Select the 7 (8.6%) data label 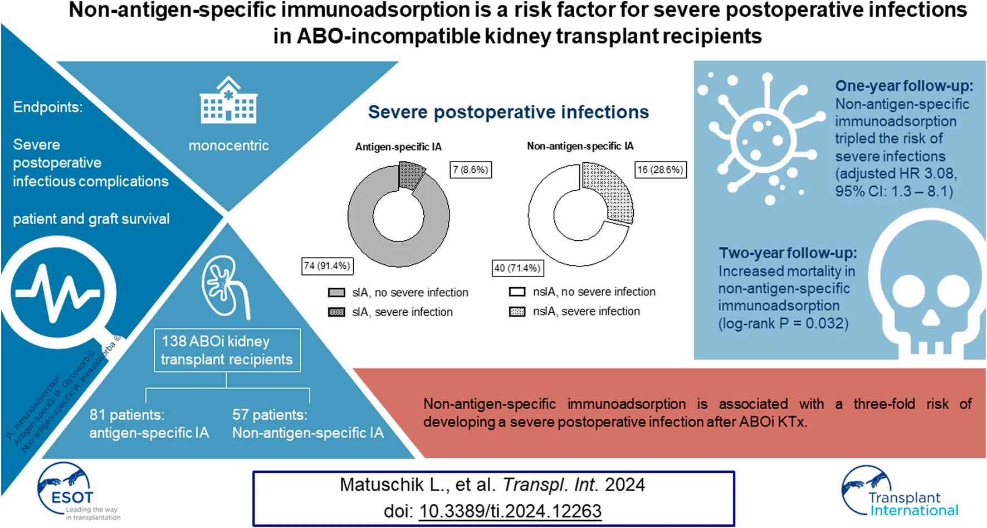(471, 169)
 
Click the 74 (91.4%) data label (327, 266)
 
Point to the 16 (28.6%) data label (661, 169)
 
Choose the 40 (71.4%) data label (517, 268)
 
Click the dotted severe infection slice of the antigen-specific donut (412, 175)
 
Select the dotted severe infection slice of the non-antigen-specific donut (611, 191)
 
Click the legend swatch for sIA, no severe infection (336, 293)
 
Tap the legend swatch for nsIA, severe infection (517, 312)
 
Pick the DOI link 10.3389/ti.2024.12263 (510, 511)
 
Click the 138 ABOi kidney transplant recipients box (227, 350)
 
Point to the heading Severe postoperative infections (508, 112)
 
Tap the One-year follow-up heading (903, 86)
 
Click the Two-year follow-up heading (788, 253)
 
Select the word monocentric (228, 146)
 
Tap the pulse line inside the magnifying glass (58, 292)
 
